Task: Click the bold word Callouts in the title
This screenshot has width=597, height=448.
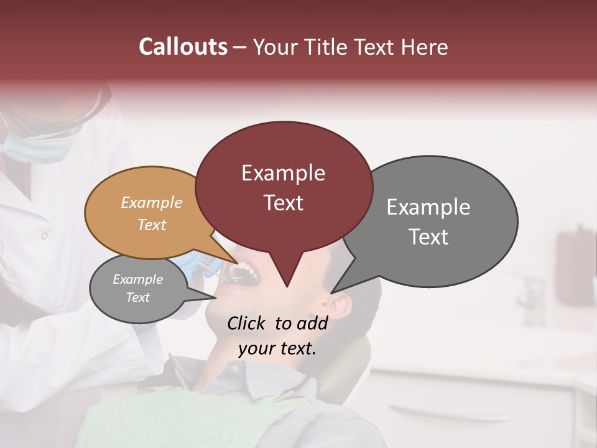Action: coord(183,47)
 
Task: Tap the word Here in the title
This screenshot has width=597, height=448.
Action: coord(425,47)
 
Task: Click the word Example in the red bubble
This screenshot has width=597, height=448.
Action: coord(283,173)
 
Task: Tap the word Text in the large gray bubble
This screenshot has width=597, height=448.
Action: coord(428,237)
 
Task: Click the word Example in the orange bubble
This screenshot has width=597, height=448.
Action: coord(151,203)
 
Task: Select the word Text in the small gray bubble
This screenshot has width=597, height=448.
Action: coord(137,297)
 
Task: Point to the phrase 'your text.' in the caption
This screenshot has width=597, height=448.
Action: coord(277,348)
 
